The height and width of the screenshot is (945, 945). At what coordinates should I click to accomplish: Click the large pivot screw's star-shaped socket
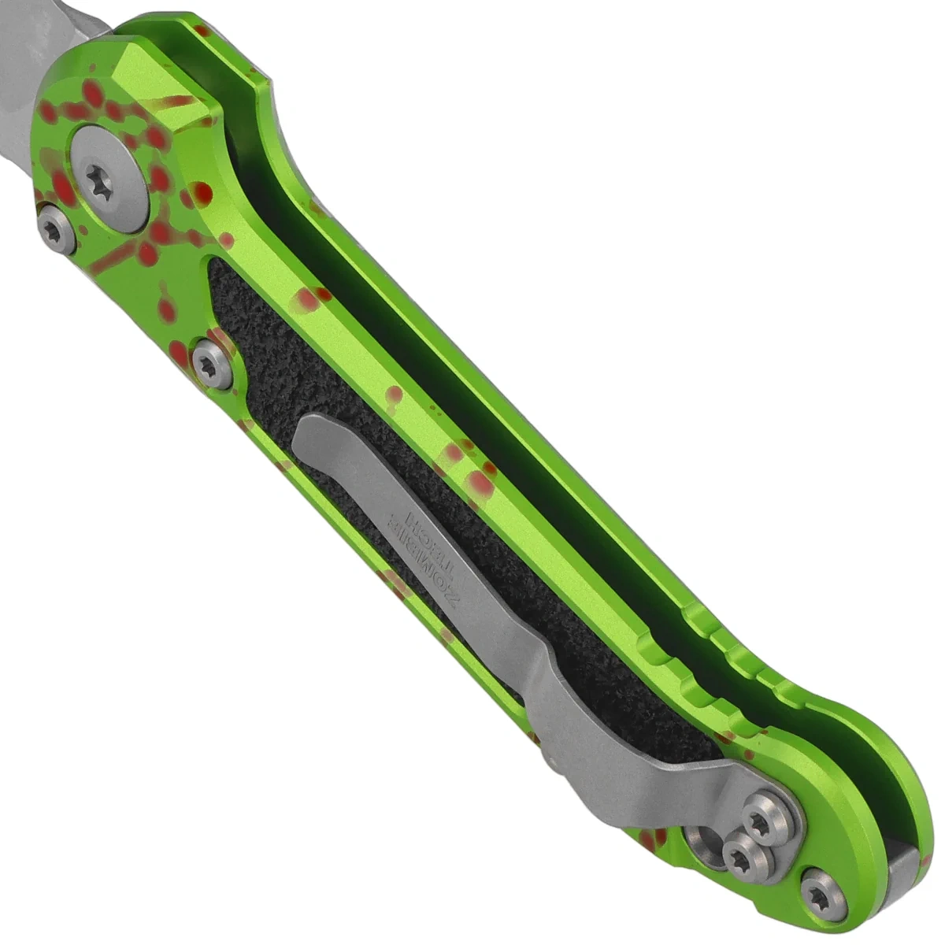[99, 180]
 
